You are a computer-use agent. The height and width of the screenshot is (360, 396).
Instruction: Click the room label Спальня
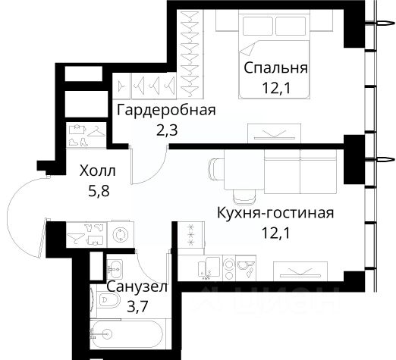(275, 68)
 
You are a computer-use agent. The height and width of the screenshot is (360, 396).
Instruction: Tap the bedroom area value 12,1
(276, 89)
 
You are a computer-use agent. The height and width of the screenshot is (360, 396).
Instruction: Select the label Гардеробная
(166, 111)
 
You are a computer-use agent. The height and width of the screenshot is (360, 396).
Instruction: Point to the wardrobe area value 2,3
(167, 130)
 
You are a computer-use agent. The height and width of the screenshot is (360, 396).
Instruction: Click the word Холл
(98, 171)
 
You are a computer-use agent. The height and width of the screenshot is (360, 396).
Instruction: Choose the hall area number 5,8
(99, 192)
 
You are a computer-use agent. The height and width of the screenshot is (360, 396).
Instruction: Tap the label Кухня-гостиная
(275, 213)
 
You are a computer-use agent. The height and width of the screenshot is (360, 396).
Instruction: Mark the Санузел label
(137, 287)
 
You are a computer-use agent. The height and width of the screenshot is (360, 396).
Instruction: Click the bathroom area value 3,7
(137, 307)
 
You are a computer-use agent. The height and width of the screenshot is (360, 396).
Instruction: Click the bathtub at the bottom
(127, 333)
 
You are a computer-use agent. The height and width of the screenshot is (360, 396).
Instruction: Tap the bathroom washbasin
(115, 269)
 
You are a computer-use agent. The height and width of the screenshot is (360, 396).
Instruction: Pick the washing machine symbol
(121, 235)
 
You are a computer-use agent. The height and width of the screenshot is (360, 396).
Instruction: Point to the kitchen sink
(209, 268)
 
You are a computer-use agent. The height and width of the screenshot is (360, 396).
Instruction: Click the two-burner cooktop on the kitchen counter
(229, 268)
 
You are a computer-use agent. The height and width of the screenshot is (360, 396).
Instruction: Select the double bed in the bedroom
(275, 55)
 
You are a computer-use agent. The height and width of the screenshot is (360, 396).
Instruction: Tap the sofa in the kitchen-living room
(300, 172)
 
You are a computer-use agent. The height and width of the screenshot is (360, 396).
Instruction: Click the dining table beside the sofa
(244, 169)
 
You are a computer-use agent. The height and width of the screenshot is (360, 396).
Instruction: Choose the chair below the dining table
(244, 196)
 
